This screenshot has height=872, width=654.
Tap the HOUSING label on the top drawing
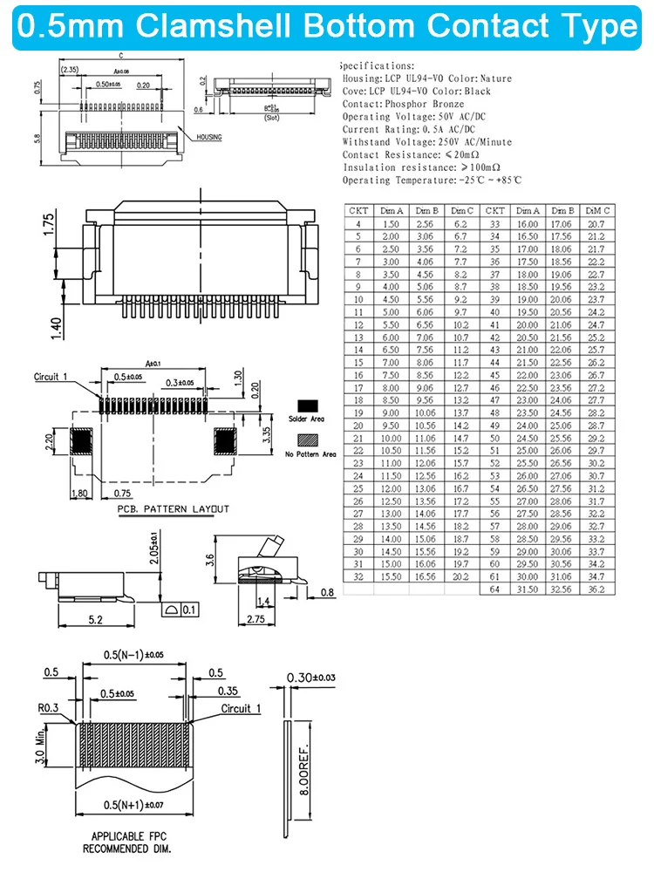pos(208,138)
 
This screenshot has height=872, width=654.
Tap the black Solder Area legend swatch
pos(306,406)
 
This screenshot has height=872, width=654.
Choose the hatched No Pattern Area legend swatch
pos(306,441)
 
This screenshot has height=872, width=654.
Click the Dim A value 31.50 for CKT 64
pos(528,589)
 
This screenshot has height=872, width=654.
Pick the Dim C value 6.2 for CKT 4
pos(460,224)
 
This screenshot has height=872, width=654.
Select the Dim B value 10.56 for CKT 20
pos(426,426)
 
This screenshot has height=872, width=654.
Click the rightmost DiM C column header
pos(597,210)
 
